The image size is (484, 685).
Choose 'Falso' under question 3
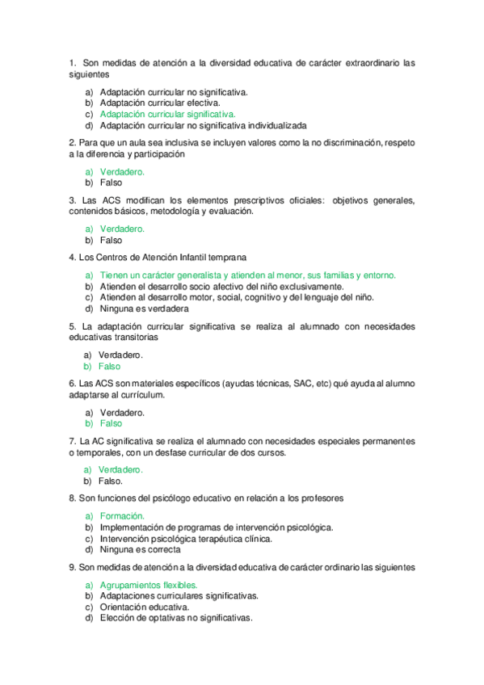pos(111,240)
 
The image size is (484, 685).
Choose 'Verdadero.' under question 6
pos(120,412)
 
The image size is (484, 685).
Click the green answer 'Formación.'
pos(122,515)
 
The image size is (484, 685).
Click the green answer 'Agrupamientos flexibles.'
pos(149,585)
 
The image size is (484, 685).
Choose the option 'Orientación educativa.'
pos(145,607)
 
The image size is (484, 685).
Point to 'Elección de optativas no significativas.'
pos(176,618)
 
